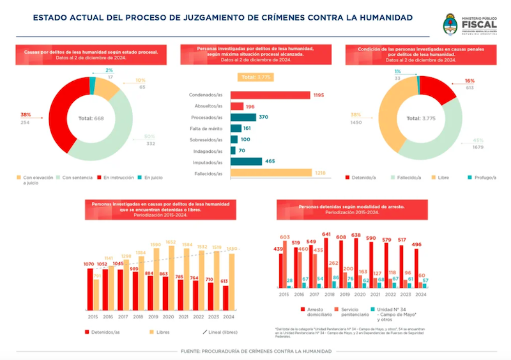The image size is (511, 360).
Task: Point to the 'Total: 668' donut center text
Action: [x=90, y=118]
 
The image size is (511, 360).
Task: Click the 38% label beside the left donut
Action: [x=26, y=114]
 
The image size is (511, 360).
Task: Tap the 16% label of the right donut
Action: [x=469, y=81]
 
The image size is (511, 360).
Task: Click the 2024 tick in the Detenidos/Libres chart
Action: [x=228, y=316]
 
